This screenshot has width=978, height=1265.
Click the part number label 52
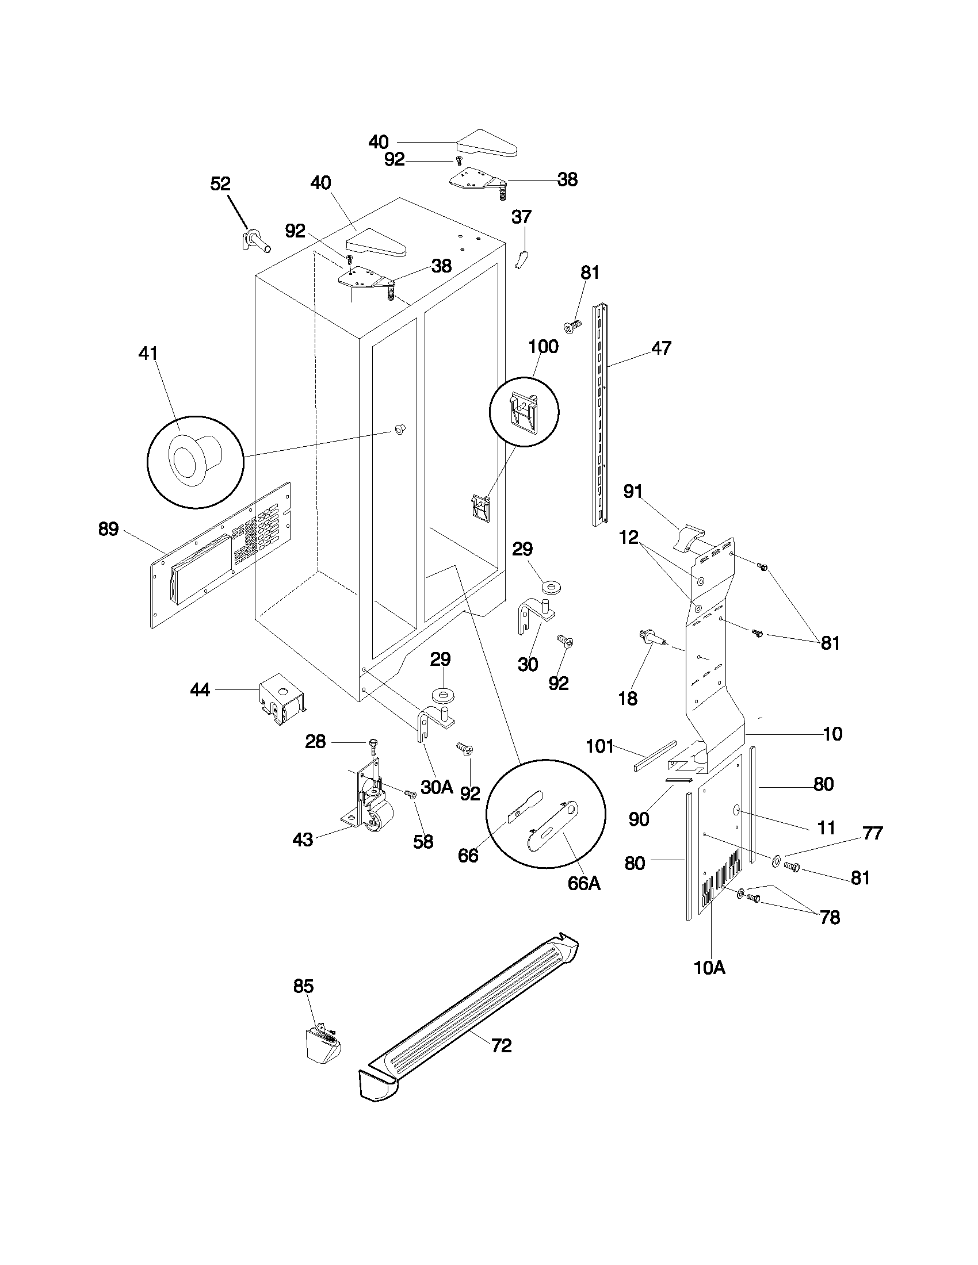coord(220,183)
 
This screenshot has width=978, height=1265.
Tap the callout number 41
coord(148,352)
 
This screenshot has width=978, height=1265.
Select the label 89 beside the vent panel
coord(108,529)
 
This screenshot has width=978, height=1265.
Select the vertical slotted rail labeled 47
coord(600,414)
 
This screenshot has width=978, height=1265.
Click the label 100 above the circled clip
coord(543,347)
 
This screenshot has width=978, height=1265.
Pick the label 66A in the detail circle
coord(583,883)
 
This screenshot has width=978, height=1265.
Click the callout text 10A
coord(709,967)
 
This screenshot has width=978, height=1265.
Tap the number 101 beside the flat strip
coord(599,746)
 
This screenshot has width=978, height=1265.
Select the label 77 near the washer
coord(872,833)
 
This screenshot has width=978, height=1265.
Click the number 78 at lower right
coord(830,918)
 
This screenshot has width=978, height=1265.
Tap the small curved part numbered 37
coord(521,258)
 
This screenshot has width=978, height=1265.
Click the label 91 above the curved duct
coord(633,491)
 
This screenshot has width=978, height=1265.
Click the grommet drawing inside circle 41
coord(194,461)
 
